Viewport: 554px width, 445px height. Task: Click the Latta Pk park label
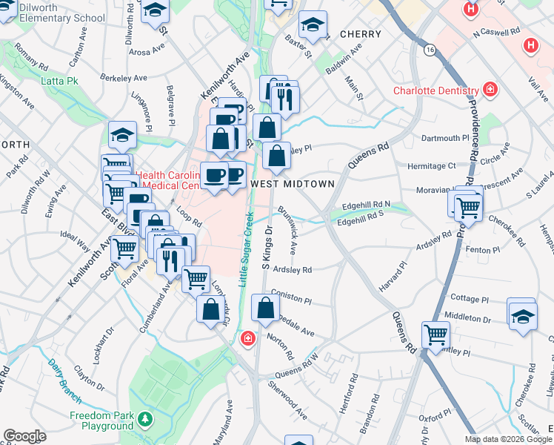coord(60,80)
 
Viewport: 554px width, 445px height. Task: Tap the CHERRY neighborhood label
coord(360,34)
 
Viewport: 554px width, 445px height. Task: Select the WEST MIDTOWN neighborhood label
coord(293,182)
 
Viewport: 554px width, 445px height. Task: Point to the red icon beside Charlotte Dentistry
coord(490,90)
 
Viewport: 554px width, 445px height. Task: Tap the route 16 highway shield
coord(430,49)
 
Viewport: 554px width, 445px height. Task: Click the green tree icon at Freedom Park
coord(145,421)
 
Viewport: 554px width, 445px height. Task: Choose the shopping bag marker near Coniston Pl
coord(265,307)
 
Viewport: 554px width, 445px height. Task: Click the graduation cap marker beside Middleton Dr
coord(522,314)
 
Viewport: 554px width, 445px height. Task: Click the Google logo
coord(24,436)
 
